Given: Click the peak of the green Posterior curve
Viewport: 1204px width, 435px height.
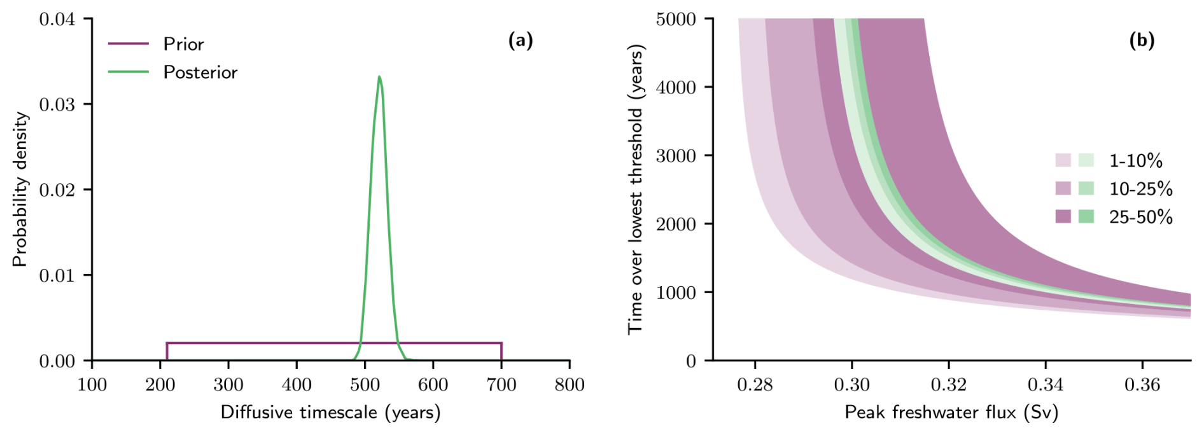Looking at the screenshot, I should [379, 77].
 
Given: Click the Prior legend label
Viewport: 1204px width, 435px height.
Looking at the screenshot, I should [183, 44].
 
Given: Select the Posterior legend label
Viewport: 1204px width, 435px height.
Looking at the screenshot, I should [200, 72].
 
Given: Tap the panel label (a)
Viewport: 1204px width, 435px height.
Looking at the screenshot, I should [520, 41].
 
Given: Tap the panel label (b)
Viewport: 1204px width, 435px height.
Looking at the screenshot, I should [1141, 41].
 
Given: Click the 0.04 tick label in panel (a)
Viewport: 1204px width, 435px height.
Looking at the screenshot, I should [57, 19].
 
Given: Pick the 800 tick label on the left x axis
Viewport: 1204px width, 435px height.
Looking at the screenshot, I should [569, 385].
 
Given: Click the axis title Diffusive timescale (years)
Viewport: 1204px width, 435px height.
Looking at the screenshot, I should [330, 412].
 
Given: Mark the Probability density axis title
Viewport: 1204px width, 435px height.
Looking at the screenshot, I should [20, 190].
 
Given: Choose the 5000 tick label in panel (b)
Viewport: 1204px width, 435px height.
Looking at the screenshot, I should [676, 19].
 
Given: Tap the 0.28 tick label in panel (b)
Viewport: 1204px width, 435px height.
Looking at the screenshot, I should [755, 385].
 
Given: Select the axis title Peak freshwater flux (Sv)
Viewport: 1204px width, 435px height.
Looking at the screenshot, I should [951, 412].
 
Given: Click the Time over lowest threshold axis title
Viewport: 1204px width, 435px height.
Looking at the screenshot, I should [636, 190].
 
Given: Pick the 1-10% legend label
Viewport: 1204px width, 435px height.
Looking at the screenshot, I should [1135, 161].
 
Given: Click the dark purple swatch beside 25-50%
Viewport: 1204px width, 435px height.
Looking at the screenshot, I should [1063, 216].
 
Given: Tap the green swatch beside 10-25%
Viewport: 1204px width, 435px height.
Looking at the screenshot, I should [1086, 188].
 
